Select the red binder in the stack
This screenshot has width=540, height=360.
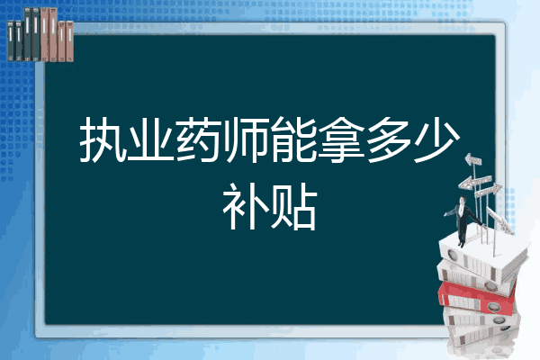coord(477,292)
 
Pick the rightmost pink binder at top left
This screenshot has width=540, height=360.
coord(68,40)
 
